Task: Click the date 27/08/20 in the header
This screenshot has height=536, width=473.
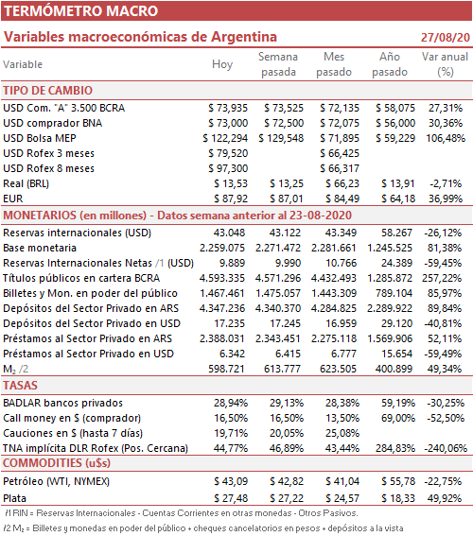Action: pos(446,37)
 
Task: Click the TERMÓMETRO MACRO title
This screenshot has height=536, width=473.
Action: pos(81,11)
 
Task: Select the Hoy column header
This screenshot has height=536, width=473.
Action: pos(222,64)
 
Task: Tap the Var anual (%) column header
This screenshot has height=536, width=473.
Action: pos(445,64)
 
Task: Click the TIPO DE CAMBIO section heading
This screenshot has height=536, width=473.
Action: pos(48,91)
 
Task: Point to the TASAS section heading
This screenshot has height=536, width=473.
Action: pos(20,386)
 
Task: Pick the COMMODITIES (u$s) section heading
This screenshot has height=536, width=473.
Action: pos(57,463)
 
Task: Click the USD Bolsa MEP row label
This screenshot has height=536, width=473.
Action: pos(40,138)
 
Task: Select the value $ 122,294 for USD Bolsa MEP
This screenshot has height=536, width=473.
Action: pos(225,138)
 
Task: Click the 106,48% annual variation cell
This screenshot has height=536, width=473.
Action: pos(446,138)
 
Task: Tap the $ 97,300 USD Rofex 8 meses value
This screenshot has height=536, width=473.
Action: pos(228,168)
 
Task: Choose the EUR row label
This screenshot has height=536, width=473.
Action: pos(13,199)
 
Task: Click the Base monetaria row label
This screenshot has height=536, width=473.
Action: pos(40,248)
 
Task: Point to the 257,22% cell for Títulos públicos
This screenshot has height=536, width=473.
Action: pos(442,278)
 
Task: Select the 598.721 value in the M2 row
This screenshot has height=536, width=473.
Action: pos(226,369)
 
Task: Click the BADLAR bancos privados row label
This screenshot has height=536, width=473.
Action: pos(63,403)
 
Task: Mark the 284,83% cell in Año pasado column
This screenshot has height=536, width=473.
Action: pos(395,448)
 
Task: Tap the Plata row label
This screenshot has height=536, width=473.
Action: pos(15,498)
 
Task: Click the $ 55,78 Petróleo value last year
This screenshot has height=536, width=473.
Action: pos(398,481)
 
